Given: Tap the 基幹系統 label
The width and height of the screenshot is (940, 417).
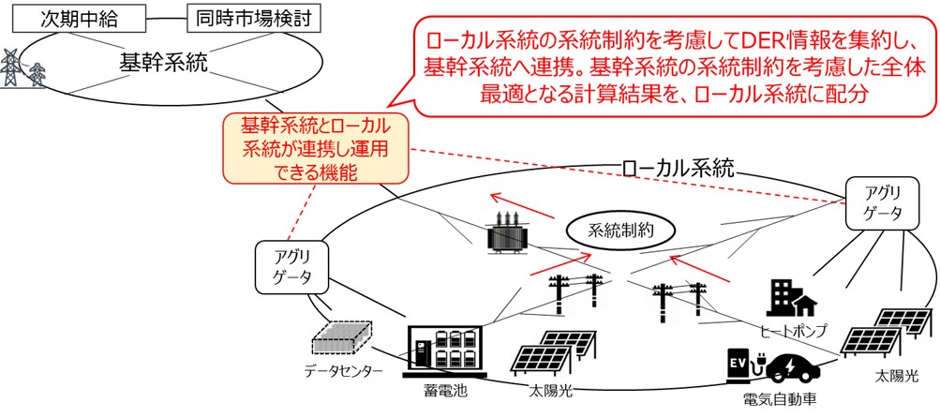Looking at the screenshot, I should click(x=164, y=63).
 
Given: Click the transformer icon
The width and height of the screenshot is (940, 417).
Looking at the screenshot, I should click(x=506, y=231).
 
